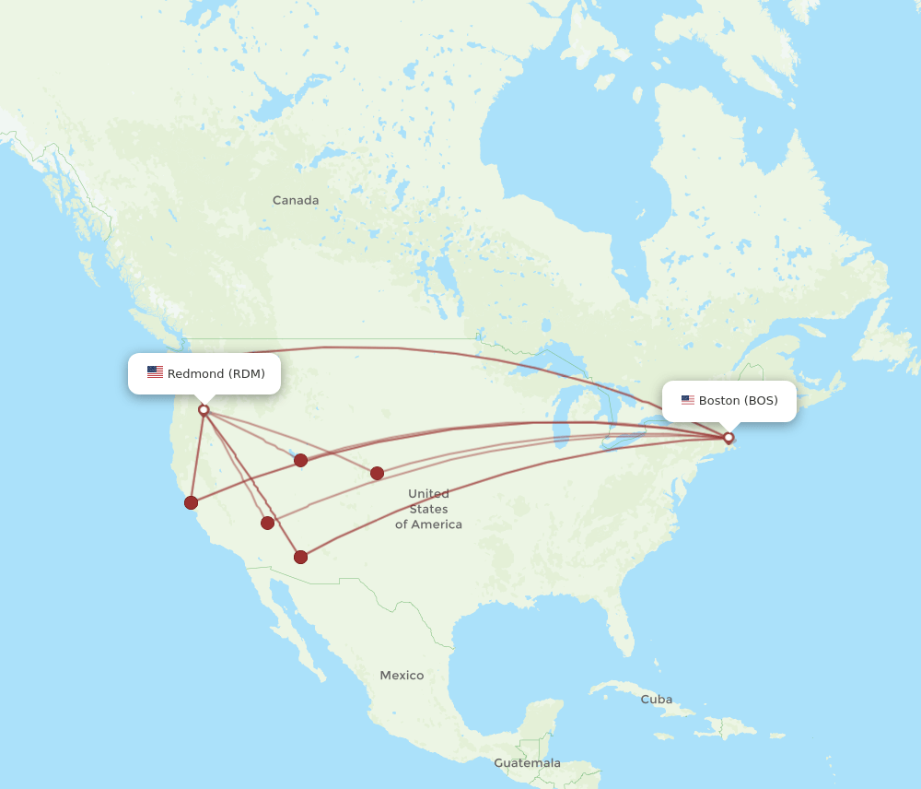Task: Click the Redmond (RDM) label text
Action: pyautogui.click(x=216, y=373)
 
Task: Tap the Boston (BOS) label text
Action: pyautogui.click(x=738, y=400)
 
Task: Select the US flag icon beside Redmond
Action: pyautogui.click(x=155, y=372)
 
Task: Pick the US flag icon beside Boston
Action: pyautogui.click(x=688, y=400)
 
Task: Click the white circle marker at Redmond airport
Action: pyautogui.click(x=204, y=410)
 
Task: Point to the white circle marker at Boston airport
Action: pyautogui.click(x=729, y=438)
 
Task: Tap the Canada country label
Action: pyautogui.click(x=296, y=200)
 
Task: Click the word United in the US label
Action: pyautogui.click(x=428, y=493)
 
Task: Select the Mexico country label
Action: pyautogui.click(x=402, y=676)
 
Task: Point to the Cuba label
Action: pyautogui.click(x=657, y=699)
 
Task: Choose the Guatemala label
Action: pyautogui.click(x=527, y=763)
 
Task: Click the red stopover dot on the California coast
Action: pyautogui.click(x=191, y=502)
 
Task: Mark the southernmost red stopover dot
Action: pyautogui.click(x=300, y=557)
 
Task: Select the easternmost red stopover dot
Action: pyautogui.click(x=377, y=473)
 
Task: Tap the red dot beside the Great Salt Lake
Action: pyautogui.click(x=300, y=460)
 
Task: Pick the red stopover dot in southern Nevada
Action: pyautogui.click(x=267, y=523)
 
